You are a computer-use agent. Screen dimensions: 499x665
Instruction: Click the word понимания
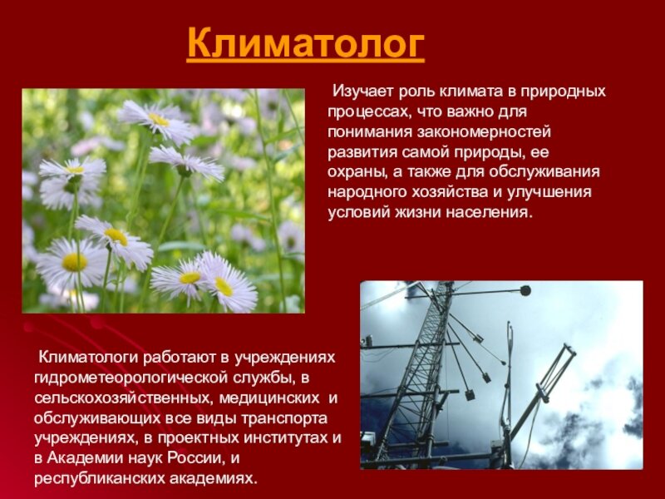point(367,131)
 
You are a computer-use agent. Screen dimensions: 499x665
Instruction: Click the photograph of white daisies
point(163,200)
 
